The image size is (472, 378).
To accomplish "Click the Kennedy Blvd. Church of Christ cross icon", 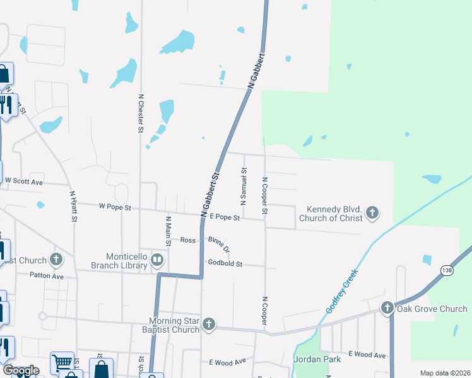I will click(372, 213).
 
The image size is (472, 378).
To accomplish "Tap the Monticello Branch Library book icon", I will click(157, 259).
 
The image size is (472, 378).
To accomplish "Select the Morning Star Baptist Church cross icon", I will click(209, 324).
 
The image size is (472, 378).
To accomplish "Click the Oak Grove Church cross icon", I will click(386, 308).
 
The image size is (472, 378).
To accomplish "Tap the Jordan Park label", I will click(317, 359).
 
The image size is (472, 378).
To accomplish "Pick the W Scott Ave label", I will click(24, 181).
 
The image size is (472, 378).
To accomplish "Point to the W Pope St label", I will click(115, 206).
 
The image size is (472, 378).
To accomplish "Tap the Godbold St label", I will click(225, 263).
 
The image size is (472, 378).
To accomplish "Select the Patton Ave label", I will click(47, 275).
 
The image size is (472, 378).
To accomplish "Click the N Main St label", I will click(168, 231).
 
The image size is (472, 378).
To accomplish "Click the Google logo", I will click(21, 371).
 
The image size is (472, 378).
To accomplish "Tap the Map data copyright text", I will click(444, 373).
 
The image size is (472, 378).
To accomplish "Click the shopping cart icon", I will click(62, 362).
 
